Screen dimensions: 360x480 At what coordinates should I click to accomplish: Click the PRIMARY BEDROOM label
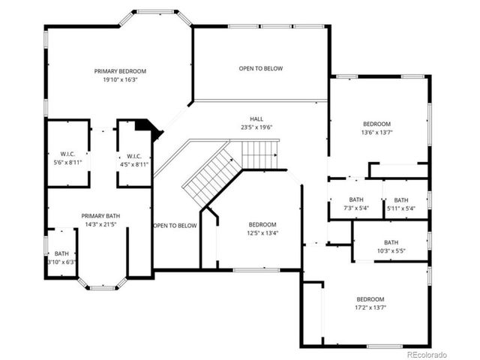point(120,71)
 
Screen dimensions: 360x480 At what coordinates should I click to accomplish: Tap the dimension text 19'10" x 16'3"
point(120,79)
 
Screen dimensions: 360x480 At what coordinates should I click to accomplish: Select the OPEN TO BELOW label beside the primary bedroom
point(260,69)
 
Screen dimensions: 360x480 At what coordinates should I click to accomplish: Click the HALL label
point(256,119)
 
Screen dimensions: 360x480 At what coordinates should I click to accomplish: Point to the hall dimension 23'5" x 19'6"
point(256,127)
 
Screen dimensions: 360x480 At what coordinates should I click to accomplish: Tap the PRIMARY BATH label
point(101,216)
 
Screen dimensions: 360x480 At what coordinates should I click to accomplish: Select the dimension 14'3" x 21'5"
point(101,224)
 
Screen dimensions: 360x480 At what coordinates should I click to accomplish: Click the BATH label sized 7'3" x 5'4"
point(355,200)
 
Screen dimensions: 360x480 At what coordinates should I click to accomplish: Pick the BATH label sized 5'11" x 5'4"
point(401,200)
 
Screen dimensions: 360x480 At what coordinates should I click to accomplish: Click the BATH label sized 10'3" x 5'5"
point(391,242)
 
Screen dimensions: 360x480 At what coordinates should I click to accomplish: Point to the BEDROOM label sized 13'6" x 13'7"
point(376,124)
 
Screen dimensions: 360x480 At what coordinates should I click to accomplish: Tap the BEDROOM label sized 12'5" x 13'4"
point(262,224)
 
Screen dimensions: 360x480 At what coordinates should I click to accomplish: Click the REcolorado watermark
point(426,353)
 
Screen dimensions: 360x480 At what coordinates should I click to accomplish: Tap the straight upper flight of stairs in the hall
point(259,156)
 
